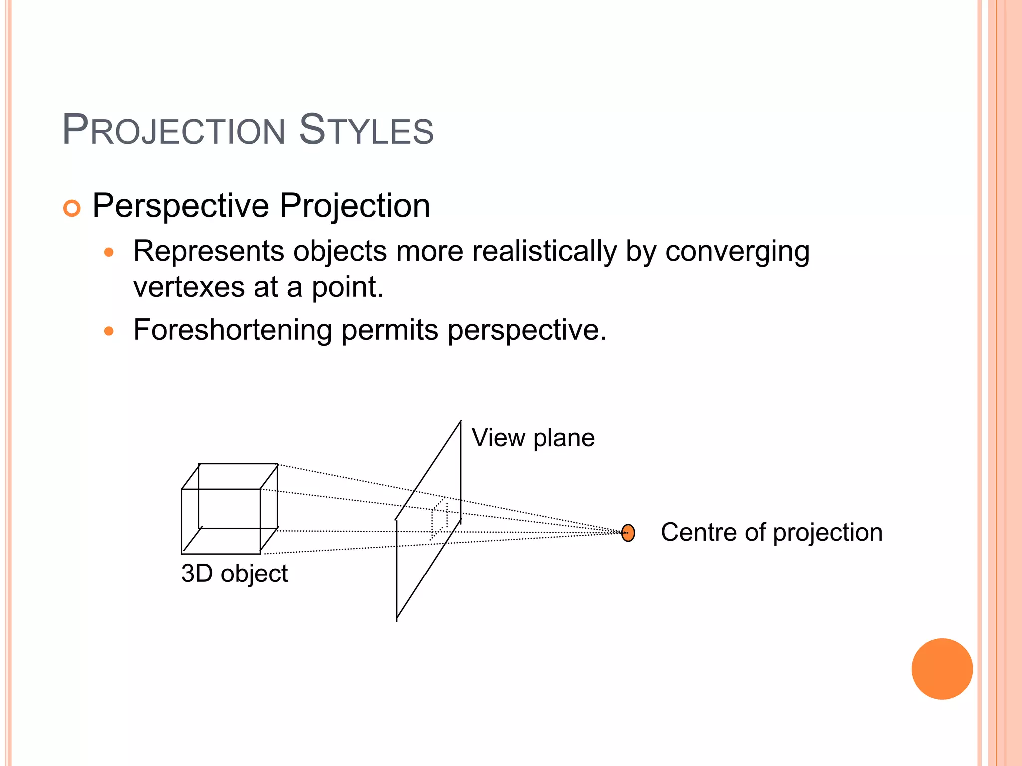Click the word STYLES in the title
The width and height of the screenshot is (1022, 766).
(x=366, y=131)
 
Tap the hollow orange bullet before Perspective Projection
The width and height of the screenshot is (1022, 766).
(x=72, y=208)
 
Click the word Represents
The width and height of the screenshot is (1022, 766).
(x=209, y=251)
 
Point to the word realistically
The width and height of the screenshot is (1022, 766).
(x=544, y=251)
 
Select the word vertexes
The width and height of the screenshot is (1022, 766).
(x=189, y=287)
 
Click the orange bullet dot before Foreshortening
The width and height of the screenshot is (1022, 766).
(x=109, y=331)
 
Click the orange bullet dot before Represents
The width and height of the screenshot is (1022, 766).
(x=109, y=253)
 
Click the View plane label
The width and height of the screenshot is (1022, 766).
(x=532, y=438)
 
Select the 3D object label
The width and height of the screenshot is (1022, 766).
(x=235, y=574)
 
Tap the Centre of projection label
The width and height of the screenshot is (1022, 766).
(x=771, y=532)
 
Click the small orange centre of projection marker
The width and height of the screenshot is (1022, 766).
(x=628, y=533)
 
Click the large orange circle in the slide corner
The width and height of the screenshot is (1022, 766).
(x=942, y=669)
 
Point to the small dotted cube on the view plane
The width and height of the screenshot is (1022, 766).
(x=439, y=519)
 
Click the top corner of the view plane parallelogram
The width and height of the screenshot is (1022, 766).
(x=460, y=422)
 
